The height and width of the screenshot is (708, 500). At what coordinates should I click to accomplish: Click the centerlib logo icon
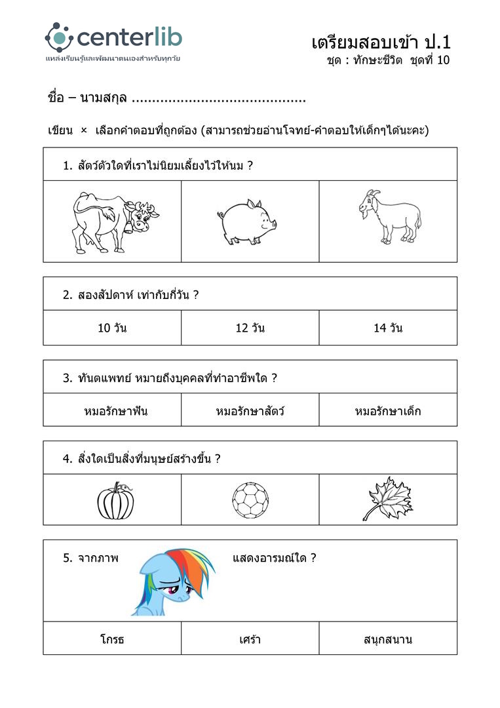click(59, 37)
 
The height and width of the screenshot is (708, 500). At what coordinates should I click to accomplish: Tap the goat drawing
click(390, 217)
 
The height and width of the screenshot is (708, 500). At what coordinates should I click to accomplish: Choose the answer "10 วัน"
click(112, 328)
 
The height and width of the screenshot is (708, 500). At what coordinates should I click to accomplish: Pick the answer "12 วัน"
click(250, 328)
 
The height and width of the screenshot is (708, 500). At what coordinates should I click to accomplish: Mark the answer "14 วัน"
click(388, 328)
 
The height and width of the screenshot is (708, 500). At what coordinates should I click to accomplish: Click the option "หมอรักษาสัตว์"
click(250, 412)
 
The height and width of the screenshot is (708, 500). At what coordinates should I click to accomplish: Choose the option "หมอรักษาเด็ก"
click(388, 412)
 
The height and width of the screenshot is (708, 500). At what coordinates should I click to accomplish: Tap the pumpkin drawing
click(116, 501)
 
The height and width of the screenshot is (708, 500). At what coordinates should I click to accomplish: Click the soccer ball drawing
click(250, 501)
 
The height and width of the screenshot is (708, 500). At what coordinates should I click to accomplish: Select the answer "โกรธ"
click(112, 639)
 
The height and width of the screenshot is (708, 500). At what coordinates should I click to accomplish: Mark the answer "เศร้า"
click(250, 639)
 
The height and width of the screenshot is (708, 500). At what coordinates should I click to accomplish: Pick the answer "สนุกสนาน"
click(388, 639)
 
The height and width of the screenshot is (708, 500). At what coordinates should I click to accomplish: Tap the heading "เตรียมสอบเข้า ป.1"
click(381, 43)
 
